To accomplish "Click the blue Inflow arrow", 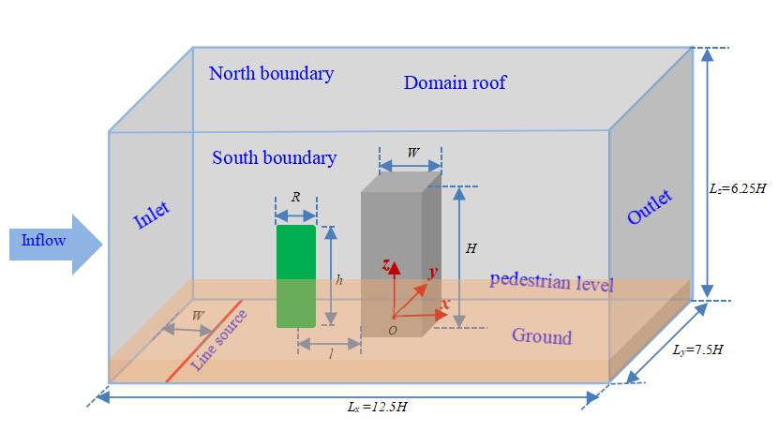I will click(52, 243).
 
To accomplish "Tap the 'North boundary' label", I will click(271, 73).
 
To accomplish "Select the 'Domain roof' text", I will click(455, 82).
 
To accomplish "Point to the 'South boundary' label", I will click(274, 157).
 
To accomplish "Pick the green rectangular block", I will click(296, 275).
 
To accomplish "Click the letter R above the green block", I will click(296, 199).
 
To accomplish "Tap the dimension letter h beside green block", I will click(339, 279).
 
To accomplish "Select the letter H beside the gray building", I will click(471, 248).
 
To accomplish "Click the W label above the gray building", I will click(411, 153).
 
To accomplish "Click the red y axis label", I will click(433, 273).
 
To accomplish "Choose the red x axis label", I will click(445, 305).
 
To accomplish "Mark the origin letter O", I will click(393, 331).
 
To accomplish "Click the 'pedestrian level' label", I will click(551, 280).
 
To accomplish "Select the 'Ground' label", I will click(541, 336).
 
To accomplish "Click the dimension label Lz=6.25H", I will click(738, 187).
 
